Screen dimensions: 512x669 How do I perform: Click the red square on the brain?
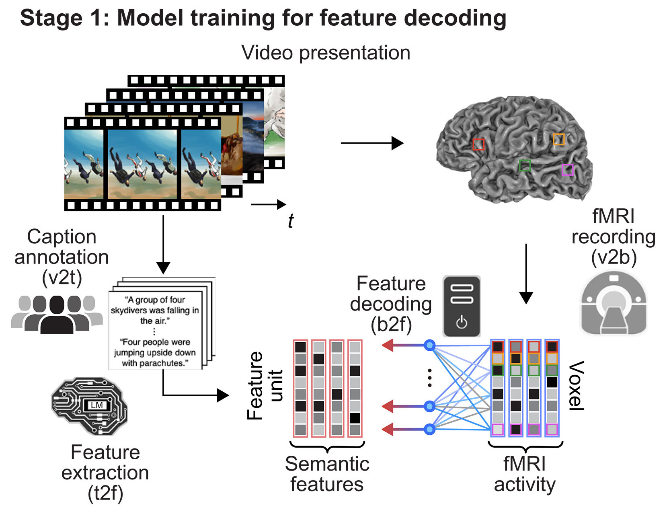478,144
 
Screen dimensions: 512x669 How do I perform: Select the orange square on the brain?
559,139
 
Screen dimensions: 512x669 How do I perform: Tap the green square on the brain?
525,165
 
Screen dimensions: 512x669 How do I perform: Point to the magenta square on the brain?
567,170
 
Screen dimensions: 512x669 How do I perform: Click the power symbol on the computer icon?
462,323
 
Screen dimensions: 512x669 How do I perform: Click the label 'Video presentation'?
326,53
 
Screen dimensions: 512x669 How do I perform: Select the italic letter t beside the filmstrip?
290,221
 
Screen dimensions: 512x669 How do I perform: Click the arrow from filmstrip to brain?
371,143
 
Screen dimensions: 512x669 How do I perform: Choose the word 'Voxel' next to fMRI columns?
576,385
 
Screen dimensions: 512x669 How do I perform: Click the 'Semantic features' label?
327,474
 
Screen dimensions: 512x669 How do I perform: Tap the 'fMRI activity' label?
525,474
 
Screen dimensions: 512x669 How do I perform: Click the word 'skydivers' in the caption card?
129,310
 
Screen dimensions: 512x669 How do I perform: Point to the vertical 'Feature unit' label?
265,385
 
